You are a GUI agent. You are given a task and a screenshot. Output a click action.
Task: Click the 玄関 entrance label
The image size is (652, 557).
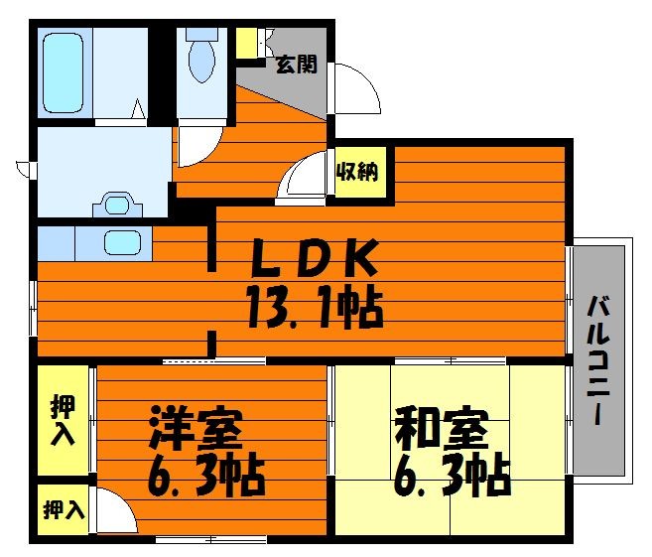(x=297, y=65)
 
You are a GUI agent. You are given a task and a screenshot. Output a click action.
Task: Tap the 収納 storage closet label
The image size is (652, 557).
(x=357, y=171)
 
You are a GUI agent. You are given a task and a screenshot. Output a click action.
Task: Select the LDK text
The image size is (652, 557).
(x=316, y=258)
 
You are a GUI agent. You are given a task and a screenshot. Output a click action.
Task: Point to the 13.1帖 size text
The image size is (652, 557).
(x=315, y=307)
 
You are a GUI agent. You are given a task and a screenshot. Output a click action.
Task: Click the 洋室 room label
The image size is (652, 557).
(x=196, y=430)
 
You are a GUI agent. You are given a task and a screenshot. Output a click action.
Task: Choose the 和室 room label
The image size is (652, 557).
(x=442, y=430)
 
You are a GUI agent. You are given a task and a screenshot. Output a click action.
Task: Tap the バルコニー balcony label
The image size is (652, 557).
(x=598, y=359)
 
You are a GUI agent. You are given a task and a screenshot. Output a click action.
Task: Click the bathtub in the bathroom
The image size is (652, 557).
(x=64, y=73)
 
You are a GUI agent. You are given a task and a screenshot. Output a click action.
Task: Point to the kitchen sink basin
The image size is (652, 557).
(x=122, y=243)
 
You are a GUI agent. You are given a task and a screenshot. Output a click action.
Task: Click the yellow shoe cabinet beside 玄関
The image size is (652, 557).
(x=246, y=44)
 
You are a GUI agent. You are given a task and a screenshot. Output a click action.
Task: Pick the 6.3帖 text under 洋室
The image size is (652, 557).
(x=206, y=479)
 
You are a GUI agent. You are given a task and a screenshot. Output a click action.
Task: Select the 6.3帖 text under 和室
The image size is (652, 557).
(x=452, y=479)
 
